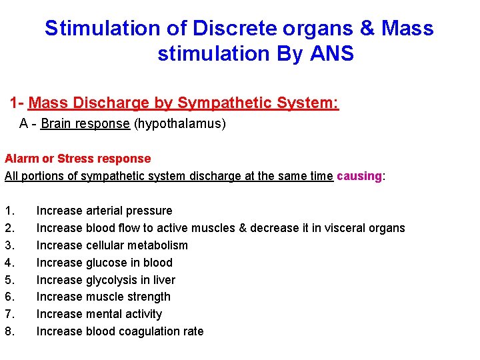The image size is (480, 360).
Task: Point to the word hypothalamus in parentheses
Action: (x=180, y=124)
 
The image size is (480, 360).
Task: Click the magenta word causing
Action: (x=359, y=176)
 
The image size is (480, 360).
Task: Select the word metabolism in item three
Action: (x=157, y=245)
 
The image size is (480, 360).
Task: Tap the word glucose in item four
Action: (x=107, y=263)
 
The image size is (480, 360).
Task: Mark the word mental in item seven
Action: (x=104, y=314)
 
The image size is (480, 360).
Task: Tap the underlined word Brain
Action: (x=55, y=124)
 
